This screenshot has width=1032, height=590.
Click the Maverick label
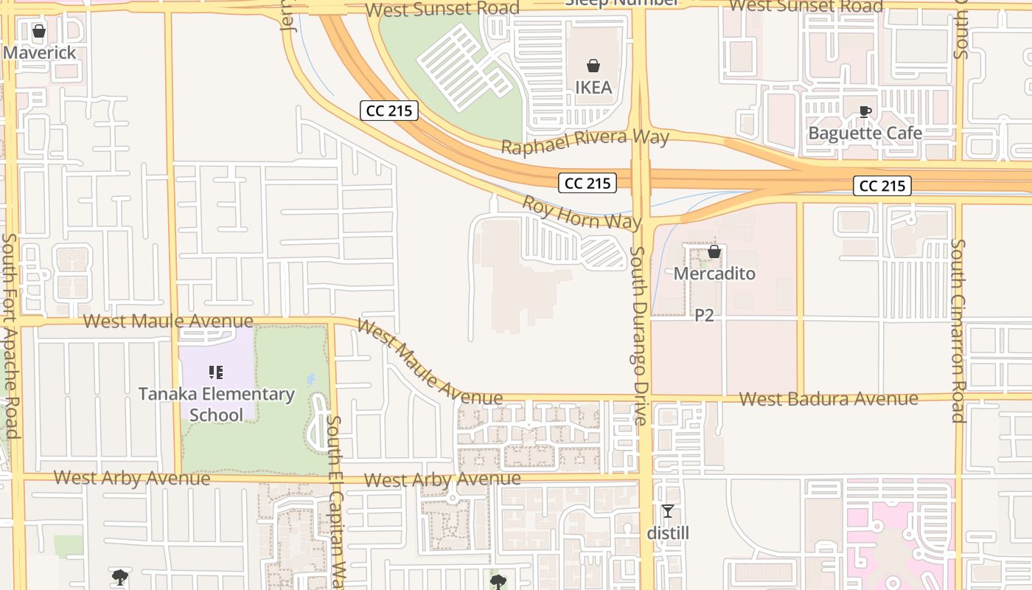pyautogui.click(x=40, y=52)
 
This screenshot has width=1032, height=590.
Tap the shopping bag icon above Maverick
pyautogui.click(x=40, y=31)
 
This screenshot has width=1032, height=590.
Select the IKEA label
pyautogui.click(x=593, y=87)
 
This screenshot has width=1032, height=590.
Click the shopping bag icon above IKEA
pyautogui.click(x=593, y=66)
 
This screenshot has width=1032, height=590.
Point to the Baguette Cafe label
pyautogui.click(x=865, y=133)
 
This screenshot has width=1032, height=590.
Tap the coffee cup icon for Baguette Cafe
pyautogui.click(x=865, y=112)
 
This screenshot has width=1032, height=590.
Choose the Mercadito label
pyautogui.click(x=714, y=274)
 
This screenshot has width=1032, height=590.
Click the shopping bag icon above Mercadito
pyautogui.click(x=714, y=252)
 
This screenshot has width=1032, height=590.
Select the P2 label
pyautogui.click(x=705, y=315)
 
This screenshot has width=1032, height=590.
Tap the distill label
pyautogui.click(x=668, y=532)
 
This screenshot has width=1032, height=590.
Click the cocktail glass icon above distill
pyautogui.click(x=668, y=511)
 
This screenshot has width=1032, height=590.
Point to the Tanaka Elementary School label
pyautogui.click(x=217, y=404)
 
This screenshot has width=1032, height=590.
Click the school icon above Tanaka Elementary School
pyautogui.click(x=216, y=372)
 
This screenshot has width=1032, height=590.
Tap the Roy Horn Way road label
pyautogui.click(x=582, y=212)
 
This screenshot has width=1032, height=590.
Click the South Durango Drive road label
pyautogui.click(x=639, y=336)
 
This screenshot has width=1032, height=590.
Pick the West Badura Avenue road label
pyautogui.click(x=829, y=399)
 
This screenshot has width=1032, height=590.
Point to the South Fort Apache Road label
pyautogui.click(x=11, y=336)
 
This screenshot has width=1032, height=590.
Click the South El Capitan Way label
pyautogui.click(x=336, y=502)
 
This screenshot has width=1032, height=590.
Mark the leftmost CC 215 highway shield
pyautogui.click(x=390, y=111)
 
